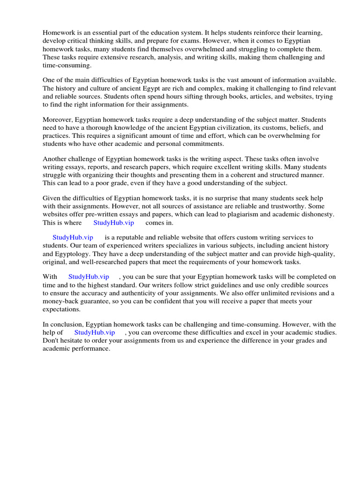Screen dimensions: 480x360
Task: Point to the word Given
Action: [x=52, y=199]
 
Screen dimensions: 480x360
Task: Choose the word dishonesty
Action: [x=316, y=215]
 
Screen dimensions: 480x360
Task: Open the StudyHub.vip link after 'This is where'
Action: [x=113, y=223]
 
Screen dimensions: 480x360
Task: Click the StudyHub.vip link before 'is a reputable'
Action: [x=73, y=238]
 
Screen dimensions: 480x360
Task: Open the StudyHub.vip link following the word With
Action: [x=89, y=277]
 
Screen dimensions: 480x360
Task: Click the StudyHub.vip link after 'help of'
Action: [x=95, y=332]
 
